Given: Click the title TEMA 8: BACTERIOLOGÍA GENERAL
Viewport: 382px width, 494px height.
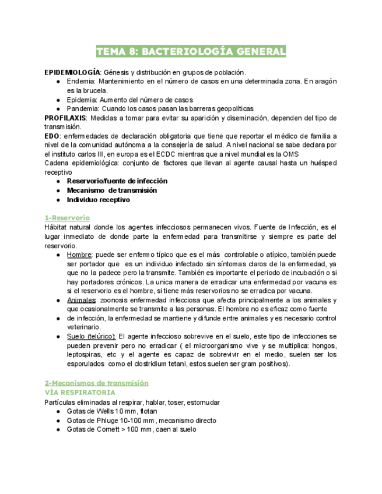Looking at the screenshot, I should coord(191,52).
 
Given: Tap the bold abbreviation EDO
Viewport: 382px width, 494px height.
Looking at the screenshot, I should coord(51,136).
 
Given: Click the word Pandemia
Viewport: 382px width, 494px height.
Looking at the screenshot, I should coord(83,108).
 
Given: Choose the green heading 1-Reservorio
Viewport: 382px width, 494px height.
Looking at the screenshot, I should coord(67,218).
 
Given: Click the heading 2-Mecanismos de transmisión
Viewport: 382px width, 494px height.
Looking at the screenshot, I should coord(96,383).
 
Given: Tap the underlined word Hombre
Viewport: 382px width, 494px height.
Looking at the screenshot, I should coord(79,255).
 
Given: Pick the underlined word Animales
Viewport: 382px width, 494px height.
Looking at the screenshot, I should coord(81,300).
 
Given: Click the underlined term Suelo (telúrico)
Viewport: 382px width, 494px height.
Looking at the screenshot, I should coord(90,337).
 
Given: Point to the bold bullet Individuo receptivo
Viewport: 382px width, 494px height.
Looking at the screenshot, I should coord(98,200).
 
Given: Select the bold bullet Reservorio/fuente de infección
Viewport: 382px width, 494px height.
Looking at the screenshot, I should coord(117,181).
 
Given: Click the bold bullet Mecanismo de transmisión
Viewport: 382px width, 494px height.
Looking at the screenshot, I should coord(111,190).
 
